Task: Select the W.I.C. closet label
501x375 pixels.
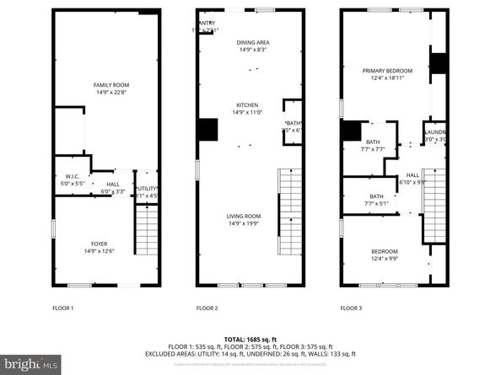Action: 70,180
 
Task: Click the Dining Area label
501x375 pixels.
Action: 252,46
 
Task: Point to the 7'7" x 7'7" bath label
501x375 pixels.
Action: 373,146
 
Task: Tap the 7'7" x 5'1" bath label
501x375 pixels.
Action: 373,199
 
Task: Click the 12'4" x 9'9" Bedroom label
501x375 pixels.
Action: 385,254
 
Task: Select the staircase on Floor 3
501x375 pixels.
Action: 434,211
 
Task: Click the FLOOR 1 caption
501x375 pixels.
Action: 64,308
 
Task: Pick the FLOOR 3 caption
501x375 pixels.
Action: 350,308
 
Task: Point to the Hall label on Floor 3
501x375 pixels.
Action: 412,178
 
